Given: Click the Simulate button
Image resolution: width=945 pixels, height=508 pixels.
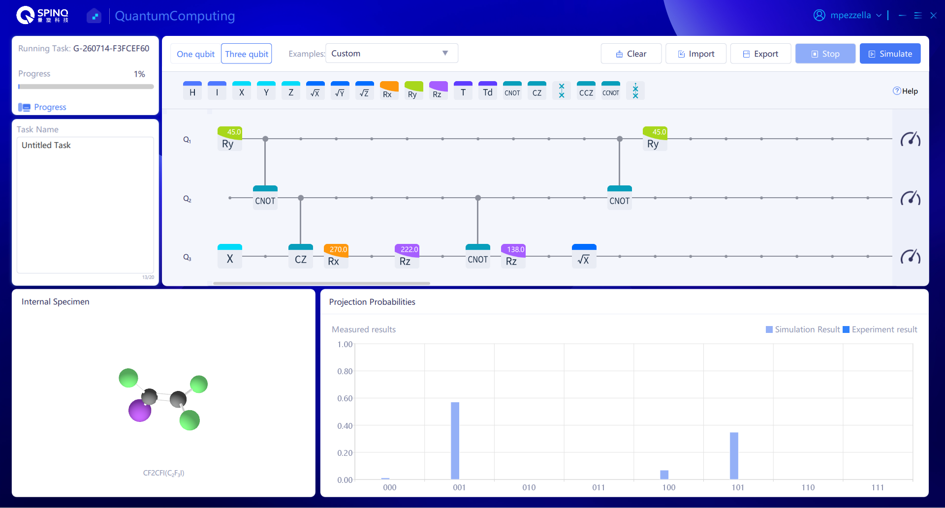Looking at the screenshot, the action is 890,54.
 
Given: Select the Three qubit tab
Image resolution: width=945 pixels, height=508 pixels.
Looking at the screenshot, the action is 247,54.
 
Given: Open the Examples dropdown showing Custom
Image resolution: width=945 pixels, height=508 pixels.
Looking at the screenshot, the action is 392,53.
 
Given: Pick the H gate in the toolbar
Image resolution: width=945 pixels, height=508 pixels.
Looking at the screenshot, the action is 192,90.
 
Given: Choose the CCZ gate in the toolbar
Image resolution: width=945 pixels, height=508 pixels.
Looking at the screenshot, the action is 586,90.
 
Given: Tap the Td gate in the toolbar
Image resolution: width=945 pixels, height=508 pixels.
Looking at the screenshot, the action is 488,90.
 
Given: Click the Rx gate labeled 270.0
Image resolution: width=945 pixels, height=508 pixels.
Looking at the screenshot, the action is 336,256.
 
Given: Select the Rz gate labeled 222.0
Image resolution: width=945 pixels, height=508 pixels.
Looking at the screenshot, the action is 407,256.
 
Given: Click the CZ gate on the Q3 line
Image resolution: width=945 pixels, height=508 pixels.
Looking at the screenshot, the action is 301,256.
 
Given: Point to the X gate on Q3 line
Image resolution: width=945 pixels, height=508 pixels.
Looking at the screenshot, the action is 230,256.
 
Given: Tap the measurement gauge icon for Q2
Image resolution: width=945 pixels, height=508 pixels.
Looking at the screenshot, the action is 911,198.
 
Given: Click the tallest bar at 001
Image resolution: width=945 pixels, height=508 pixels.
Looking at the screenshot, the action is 455,441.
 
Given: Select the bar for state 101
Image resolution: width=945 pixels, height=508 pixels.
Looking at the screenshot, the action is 734,455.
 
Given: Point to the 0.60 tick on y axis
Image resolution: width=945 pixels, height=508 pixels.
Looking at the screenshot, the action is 345,398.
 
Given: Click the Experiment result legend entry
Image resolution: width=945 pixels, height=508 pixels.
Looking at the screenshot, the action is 880,329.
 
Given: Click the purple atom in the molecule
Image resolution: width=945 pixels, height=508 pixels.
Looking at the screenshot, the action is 140,411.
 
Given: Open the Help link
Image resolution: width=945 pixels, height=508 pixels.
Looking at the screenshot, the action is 906,91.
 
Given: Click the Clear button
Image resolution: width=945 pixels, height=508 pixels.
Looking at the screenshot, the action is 631,54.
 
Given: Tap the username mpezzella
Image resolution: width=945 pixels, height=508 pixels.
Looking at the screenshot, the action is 850,15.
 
